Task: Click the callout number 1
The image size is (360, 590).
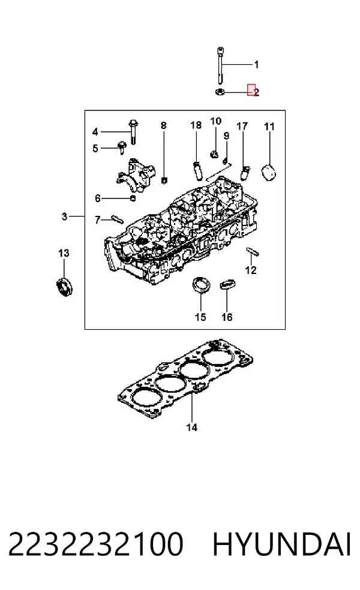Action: pos(256,65)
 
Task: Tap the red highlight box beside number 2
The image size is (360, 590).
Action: pos(251,89)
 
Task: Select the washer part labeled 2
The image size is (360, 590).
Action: pos(220,91)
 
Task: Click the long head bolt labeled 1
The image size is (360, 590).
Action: pos(220,65)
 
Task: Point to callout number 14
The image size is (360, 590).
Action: pos(191,428)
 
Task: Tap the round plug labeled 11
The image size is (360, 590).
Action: pos(268,173)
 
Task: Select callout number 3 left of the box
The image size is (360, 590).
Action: pos(64,216)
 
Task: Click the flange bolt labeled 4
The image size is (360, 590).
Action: pos(134,131)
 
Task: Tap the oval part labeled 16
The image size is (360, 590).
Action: pos(227,284)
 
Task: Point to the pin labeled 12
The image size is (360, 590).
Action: pos(253,251)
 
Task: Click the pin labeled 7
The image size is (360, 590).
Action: pos(117,219)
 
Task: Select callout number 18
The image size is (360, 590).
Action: pos(196,125)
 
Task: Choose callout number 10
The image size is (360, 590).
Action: pos(215,121)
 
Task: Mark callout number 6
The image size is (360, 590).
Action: pos(98,198)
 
